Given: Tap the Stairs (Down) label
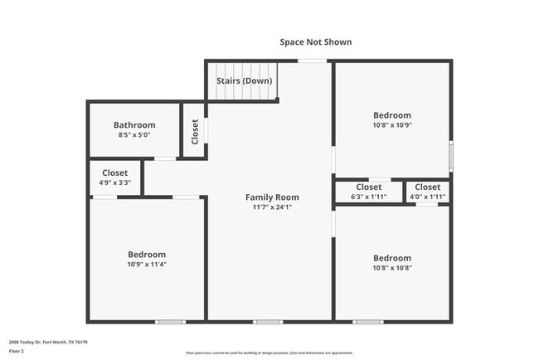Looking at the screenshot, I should click(x=244, y=81).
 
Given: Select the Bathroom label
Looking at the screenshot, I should click(x=134, y=125).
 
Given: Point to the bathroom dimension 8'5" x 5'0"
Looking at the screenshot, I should click(x=134, y=135).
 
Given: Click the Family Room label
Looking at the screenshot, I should click(x=272, y=197).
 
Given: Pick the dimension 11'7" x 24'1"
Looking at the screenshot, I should click(x=272, y=207).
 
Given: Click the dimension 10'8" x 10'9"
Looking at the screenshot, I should click(x=391, y=125).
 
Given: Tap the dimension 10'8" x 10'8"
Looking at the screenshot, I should click(x=391, y=268).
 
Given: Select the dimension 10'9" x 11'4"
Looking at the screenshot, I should click(x=146, y=265).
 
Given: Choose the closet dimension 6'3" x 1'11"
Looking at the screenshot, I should click(x=368, y=197).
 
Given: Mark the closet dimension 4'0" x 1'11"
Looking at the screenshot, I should click(x=427, y=197).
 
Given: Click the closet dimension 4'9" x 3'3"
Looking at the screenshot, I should click(x=115, y=183).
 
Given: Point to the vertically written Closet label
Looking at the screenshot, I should click(x=195, y=132).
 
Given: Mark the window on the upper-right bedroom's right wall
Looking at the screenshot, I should click(x=451, y=153).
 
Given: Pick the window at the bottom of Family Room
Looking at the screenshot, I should click(x=267, y=322).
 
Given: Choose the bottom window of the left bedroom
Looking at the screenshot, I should click(x=170, y=322).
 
